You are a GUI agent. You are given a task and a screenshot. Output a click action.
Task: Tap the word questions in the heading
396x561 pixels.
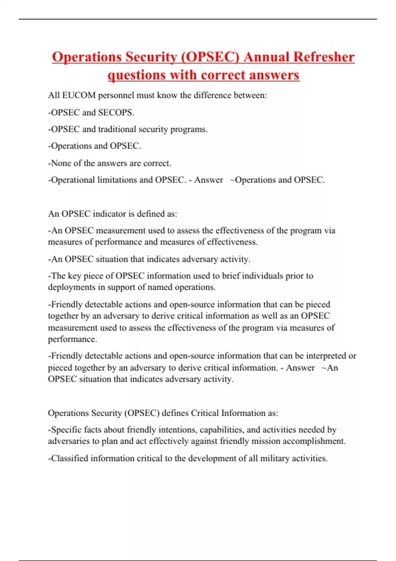[137, 75]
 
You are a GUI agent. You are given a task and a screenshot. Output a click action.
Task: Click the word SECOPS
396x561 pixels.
[116, 113]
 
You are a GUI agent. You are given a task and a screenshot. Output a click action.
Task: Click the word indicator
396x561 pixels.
[110, 214]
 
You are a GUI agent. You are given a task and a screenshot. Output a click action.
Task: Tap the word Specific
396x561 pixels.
[66, 430]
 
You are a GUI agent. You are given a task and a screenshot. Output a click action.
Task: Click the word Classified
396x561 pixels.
[70, 458]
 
